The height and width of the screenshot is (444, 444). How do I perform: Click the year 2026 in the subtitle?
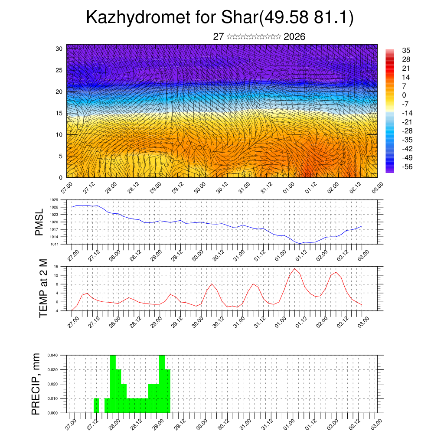[x=294, y=37]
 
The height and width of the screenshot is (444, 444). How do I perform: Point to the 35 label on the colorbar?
[x=407, y=50]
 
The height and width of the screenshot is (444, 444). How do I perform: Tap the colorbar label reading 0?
[x=404, y=95]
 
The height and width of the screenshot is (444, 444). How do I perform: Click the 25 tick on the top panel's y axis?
[x=59, y=70]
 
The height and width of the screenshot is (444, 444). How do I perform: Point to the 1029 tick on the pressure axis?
[x=54, y=200]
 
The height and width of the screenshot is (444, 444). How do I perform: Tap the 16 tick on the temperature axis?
[x=56, y=266]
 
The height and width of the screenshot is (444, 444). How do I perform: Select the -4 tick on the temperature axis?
[x=55, y=311]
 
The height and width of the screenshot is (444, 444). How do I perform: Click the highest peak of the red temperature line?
[x=294, y=268]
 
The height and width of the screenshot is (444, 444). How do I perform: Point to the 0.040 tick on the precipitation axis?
[x=52, y=355]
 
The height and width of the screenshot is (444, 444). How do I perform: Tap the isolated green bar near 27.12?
[x=96, y=405]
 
